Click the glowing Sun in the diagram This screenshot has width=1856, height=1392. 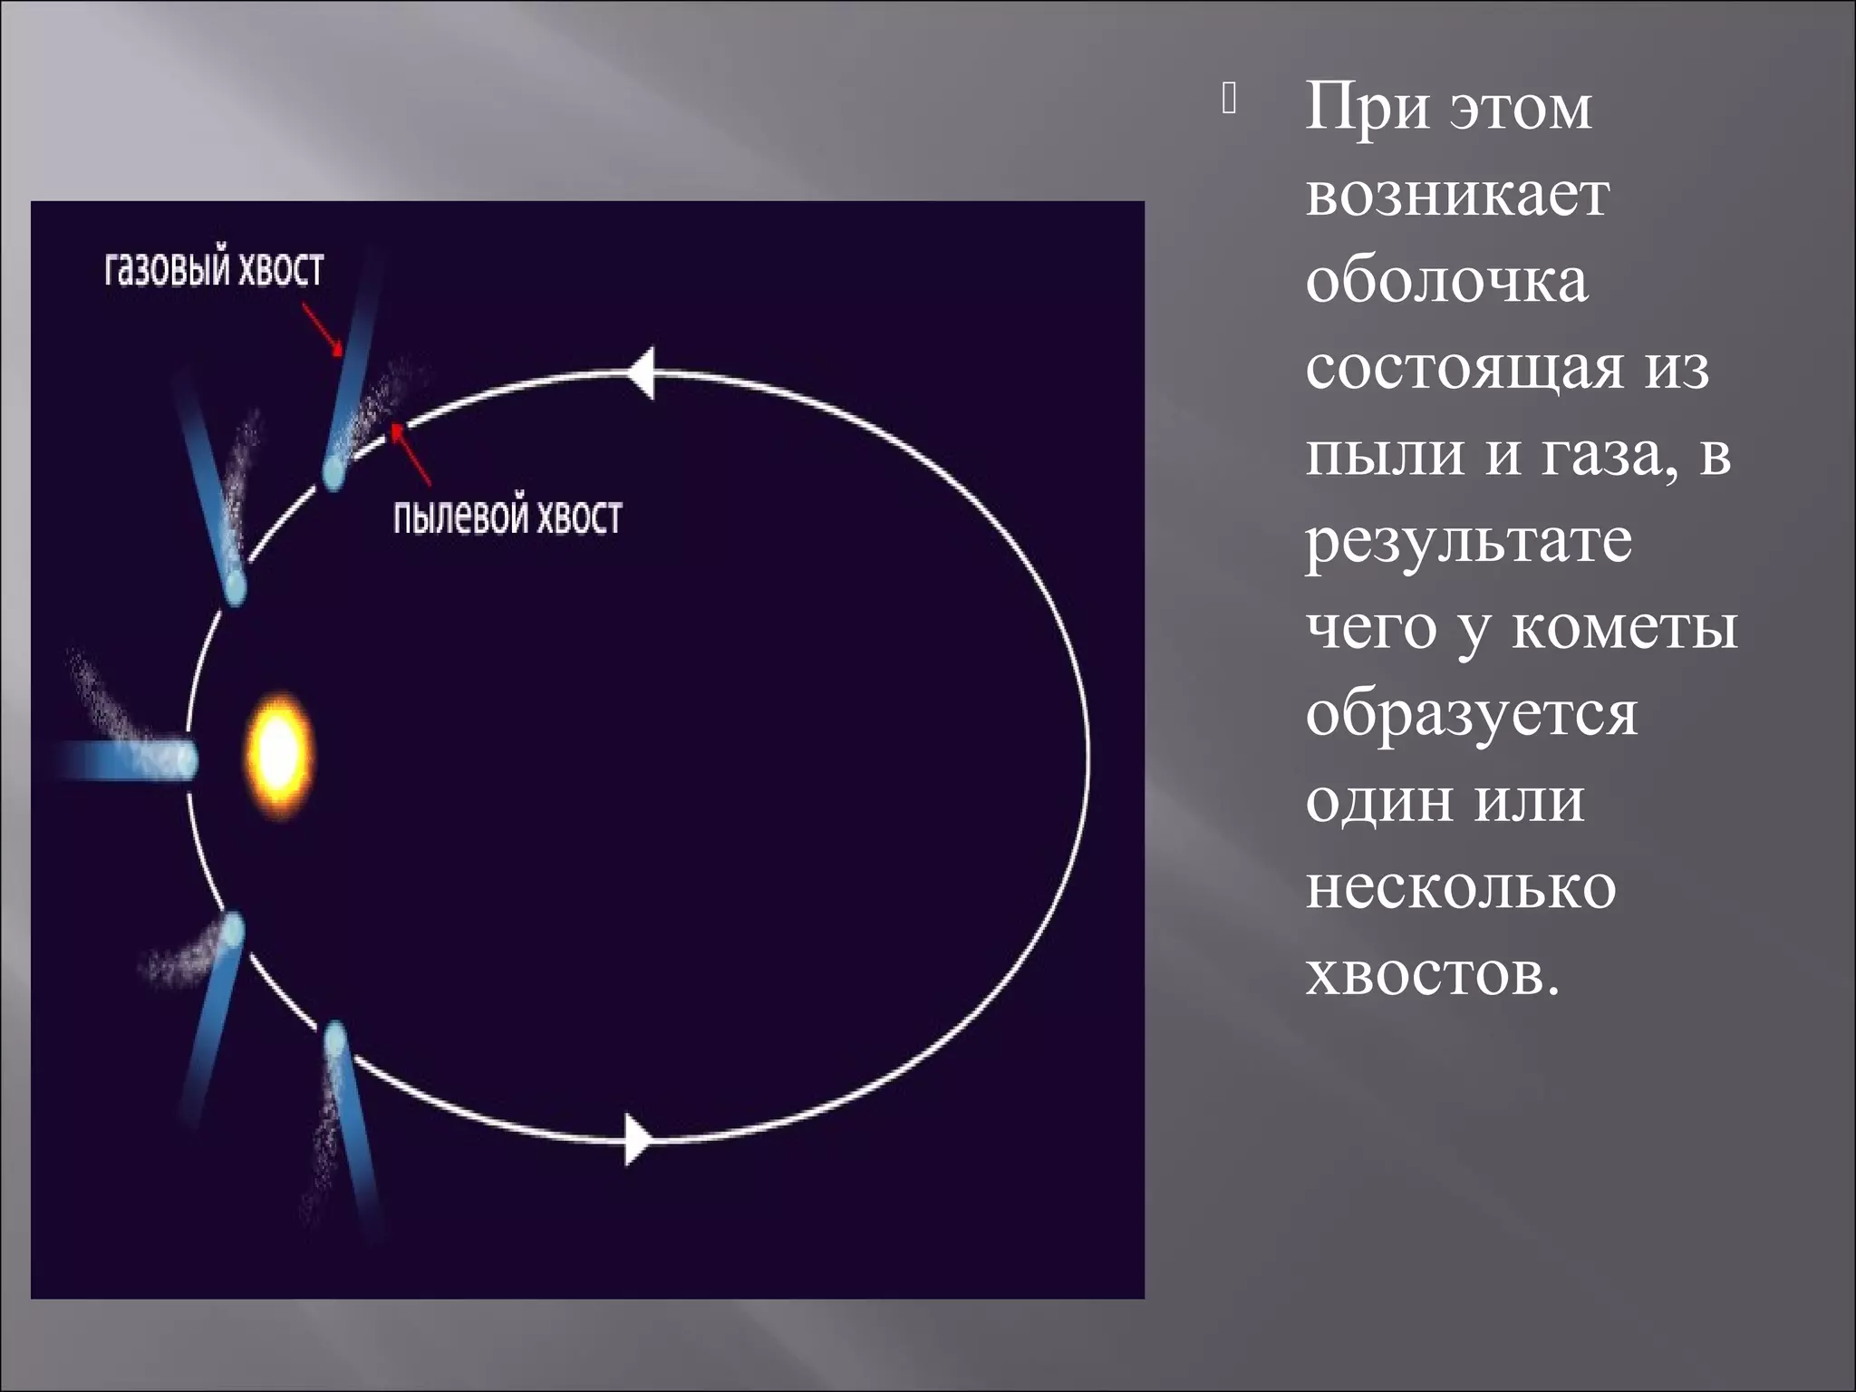[x=279, y=755]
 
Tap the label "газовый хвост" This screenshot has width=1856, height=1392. [x=214, y=270]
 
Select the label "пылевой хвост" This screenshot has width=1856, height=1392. [x=507, y=517]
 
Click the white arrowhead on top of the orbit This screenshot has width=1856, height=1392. [x=641, y=372]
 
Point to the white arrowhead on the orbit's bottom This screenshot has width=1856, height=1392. [x=637, y=1139]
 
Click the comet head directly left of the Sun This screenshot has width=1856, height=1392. [x=186, y=759]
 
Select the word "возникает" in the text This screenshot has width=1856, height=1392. [x=1457, y=195]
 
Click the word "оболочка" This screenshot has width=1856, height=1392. [x=1447, y=281]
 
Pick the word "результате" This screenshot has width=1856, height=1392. [x=1469, y=542]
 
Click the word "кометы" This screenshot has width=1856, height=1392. [x=1624, y=628]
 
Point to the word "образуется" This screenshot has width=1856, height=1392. [x=1472, y=715]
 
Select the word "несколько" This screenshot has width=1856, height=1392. [x=1461, y=887]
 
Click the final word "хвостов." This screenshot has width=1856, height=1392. [x=1433, y=974]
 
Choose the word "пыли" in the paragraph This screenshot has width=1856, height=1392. [x=1385, y=455]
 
